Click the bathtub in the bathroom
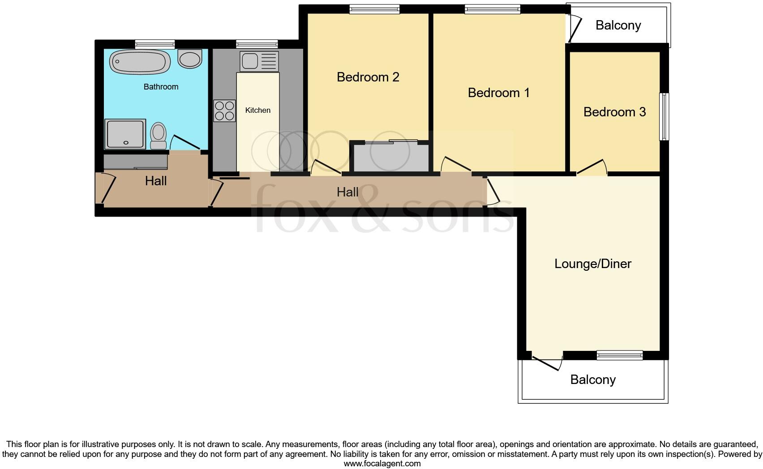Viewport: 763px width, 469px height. point(140,62)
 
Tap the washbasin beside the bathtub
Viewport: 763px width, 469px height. point(190,59)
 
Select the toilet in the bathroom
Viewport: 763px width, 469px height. point(158,135)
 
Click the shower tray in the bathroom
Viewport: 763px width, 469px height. point(125,134)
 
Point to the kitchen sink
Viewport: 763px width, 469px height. point(259,61)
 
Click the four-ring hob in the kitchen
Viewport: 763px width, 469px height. point(224,111)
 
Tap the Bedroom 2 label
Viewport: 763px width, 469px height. point(368,77)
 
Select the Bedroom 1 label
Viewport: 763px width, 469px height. point(498,93)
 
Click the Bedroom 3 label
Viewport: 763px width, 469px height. point(614,112)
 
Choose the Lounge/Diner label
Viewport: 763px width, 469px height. point(592,264)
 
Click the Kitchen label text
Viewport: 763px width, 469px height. point(258,110)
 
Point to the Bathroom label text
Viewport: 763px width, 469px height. point(161,87)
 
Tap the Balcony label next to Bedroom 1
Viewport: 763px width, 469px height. point(618,25)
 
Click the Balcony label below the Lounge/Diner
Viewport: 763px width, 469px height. point(593,379)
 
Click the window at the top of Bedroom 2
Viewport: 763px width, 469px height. point(374,9)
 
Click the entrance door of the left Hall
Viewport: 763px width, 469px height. point(107,188)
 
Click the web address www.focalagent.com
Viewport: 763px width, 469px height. point(382,464)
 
